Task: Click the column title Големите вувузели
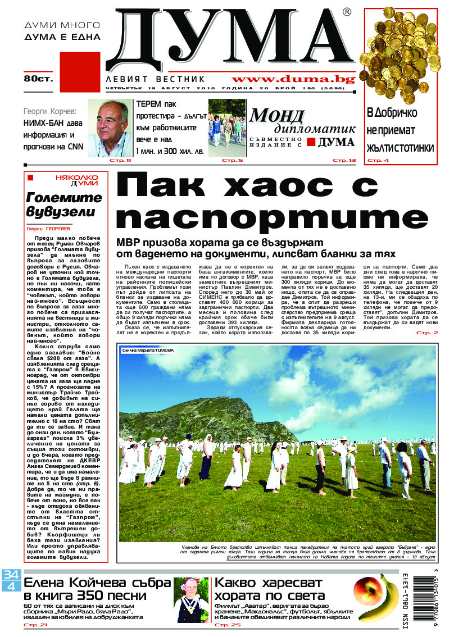click(63, 205)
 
